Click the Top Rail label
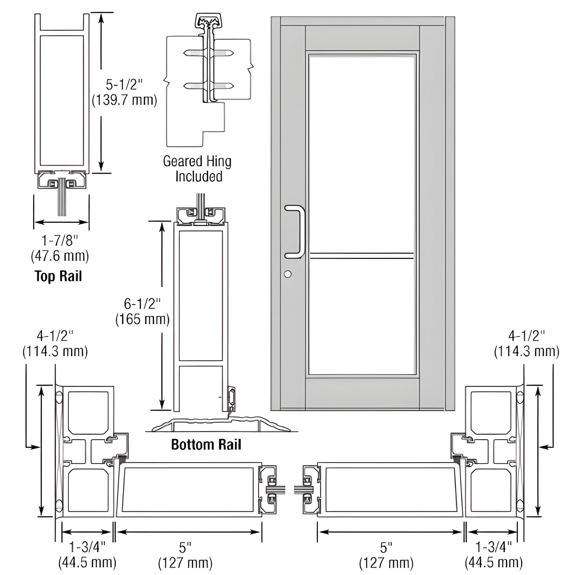(58, 276)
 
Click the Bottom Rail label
(206, 444)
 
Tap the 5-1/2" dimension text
(124, 85)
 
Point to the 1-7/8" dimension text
(59, 241)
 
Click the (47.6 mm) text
(60, 256)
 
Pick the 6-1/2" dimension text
(142, 304)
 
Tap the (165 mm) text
(142, 319)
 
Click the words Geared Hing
(197, 161)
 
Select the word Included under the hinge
(199, 176)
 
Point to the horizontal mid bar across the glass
(362, 255)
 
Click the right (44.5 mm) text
(494, 563)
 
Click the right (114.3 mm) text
(527, 352)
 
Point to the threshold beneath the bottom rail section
(220, 424)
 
